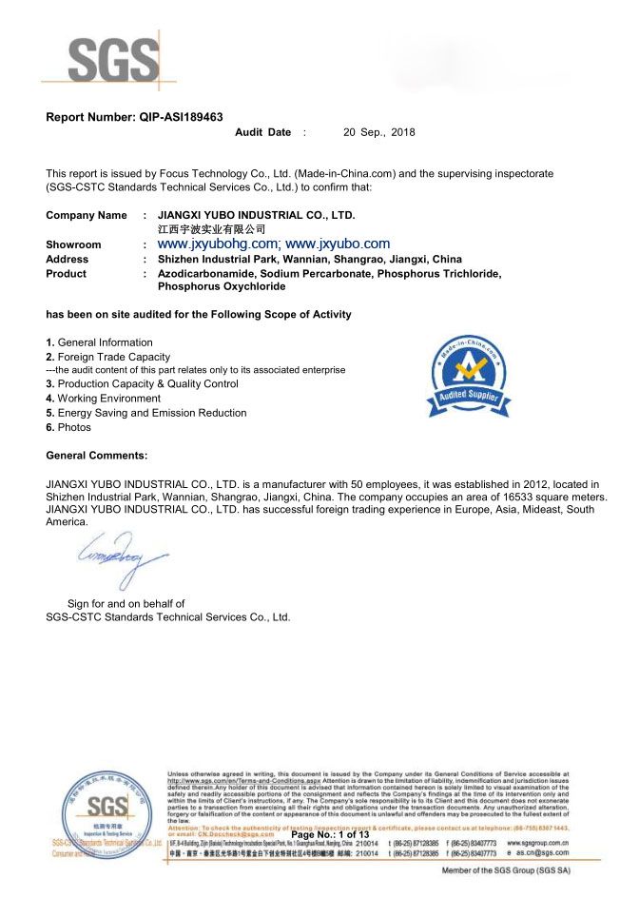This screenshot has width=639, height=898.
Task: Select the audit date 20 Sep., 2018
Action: click(378, 132)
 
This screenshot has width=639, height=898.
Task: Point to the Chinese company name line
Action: click(211, 229)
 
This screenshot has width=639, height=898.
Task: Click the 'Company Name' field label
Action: click(86, 216)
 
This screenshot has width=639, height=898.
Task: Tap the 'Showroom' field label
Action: click(73, 244)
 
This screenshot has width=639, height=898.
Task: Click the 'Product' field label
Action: click(66, 273)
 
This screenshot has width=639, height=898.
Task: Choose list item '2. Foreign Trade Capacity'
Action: click(107, 357)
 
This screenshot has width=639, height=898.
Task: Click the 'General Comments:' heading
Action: click(96, 456)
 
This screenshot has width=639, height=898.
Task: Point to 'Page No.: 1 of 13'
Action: click(329, 834)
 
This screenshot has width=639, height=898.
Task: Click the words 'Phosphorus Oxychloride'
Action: click(221, 285)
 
